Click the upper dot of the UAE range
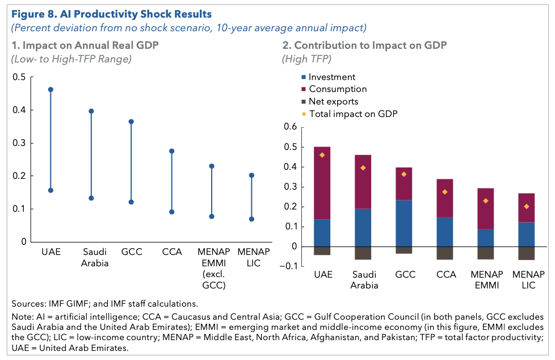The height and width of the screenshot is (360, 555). (51, 90)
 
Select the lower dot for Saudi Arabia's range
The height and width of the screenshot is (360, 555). (91, 198)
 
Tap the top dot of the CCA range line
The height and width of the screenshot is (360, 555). (172, 151)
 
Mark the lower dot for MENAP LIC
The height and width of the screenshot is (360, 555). (251, 219)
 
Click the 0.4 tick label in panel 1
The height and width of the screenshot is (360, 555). (19, 110)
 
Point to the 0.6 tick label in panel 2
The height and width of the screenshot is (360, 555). (290, 127)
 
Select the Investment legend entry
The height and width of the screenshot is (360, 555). (328, 77)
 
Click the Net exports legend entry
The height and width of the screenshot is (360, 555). (330, 101)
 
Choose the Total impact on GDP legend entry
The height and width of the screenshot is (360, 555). (350, 114)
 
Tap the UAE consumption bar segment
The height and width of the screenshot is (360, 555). (322, 183)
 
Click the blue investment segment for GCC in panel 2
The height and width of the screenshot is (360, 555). (404, 224)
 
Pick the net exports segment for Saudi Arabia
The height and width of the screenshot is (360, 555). (363, 253)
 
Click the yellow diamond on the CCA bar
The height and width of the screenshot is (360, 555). (445, 192)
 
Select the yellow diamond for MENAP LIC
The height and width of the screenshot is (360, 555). (527, 207)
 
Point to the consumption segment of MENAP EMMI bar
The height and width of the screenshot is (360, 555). (486, 209)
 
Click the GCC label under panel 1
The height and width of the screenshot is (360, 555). (132, 252)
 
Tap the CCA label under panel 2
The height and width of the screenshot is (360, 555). (446, 275)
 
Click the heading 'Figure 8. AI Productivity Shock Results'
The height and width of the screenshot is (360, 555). (111, 14)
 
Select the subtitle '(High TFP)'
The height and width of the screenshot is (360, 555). (306, 59)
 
